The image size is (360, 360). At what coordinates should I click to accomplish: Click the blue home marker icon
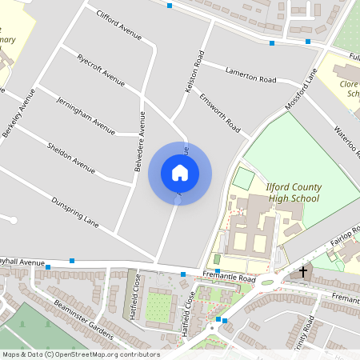180,172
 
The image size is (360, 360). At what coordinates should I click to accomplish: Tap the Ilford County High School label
294,193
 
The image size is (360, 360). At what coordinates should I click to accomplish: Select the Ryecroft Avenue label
102,70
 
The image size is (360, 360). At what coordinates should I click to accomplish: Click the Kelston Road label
194,73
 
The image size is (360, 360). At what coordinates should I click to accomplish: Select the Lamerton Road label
250,76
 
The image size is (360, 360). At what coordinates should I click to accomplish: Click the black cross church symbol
302,272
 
